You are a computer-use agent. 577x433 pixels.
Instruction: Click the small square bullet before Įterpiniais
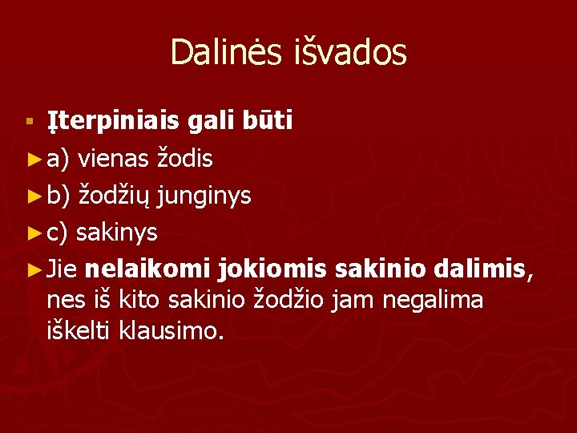click(30, 122)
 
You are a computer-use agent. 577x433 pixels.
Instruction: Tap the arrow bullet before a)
click(33, 160)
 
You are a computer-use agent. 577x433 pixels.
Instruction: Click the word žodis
click(187, 159)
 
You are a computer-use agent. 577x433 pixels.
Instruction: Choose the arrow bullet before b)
click(33, 196)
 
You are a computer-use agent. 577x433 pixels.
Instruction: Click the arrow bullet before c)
click(33, 233)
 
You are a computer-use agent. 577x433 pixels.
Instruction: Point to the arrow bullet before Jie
click(33, 270)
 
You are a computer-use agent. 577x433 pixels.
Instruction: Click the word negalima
click(434, 301)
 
